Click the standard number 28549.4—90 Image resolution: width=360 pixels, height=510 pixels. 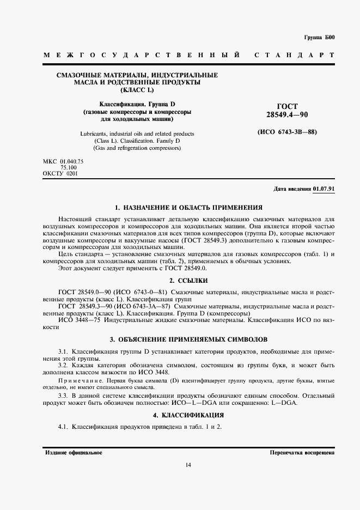(287, 115)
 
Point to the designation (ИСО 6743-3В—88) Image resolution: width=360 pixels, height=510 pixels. (287, 132)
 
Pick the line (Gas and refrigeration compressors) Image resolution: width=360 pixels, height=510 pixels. (137, 148)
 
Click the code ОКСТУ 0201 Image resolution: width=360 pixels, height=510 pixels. (60, 173)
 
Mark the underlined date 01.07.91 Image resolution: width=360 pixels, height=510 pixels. (324, 189)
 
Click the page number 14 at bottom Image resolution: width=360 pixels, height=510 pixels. (188, 465)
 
